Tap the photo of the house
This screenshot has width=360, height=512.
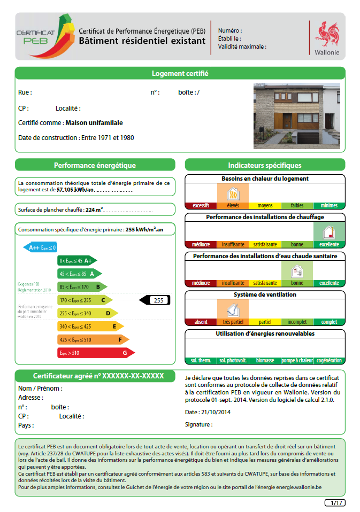(x=296, y=115)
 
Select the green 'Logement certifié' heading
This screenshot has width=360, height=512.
(x=180, y=73)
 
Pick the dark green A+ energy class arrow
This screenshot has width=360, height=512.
(x=77, y=260)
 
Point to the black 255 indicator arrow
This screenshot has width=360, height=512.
(x=154, y=300)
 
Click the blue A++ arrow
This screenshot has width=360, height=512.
(x=40, y=247)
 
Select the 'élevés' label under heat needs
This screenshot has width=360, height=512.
(x=233, y=206)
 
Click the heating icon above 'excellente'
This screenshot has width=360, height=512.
(x=328, y=232)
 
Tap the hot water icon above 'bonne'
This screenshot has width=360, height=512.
(x=297, y=271)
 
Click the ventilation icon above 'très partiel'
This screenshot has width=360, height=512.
(x=233, y=309)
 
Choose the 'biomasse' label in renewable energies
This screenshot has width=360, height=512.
(x=265, y=361)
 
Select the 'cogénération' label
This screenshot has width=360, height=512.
(x=329, y=361)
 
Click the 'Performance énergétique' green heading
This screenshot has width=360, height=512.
(x=95, y=165)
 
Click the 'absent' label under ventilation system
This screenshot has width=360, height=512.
(x=201, y=322)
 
